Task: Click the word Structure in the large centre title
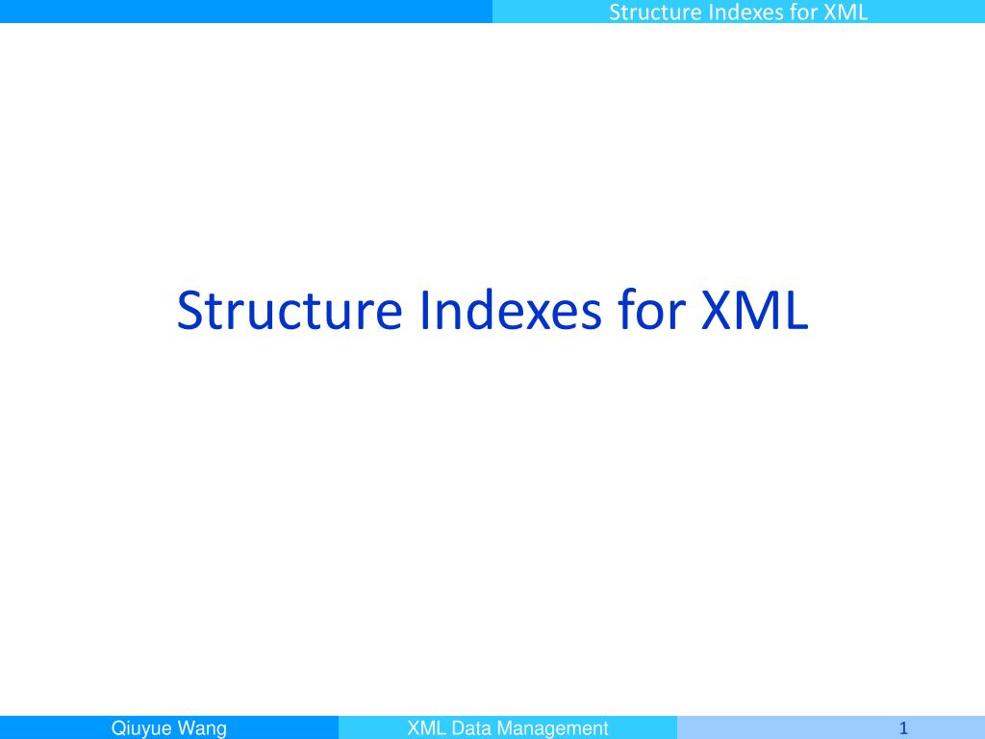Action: pos(290,311)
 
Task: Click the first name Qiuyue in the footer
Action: pos(141,728)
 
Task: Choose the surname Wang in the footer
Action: pos(201,728)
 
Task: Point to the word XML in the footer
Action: pos(425,728)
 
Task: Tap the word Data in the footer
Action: pos(471,728)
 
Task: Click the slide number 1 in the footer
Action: pos(903,728)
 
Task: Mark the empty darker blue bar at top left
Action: pos(246,12)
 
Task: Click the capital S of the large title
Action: pos(189,311)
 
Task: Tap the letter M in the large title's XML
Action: pos(759,311)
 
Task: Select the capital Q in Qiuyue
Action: pos(119,728)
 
